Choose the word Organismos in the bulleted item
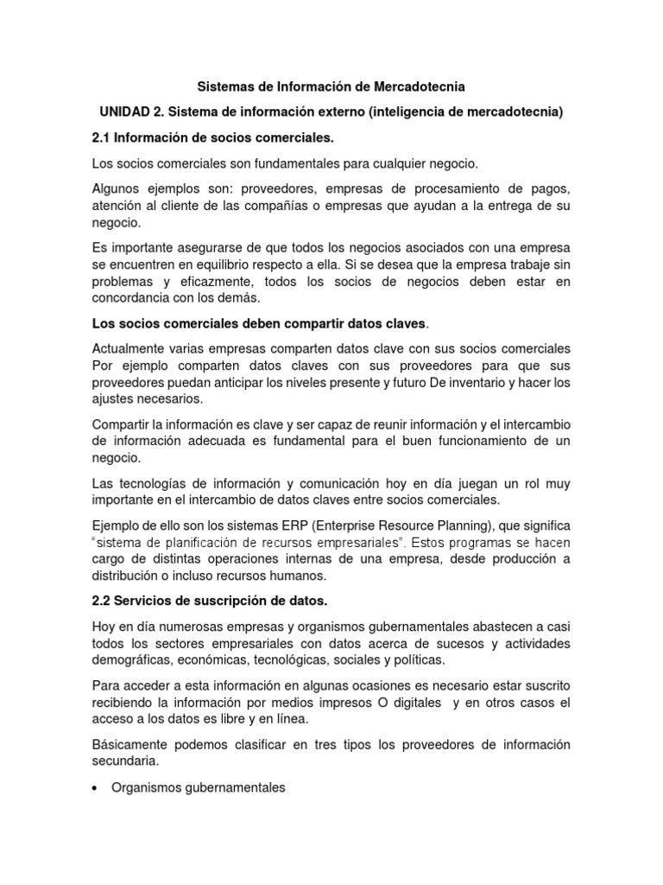pyautogui.click(x=145, y=787)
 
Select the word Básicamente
pyautogui.click(x=129, y=745)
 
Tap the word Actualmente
pyautogui.click(x=129, y=348)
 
